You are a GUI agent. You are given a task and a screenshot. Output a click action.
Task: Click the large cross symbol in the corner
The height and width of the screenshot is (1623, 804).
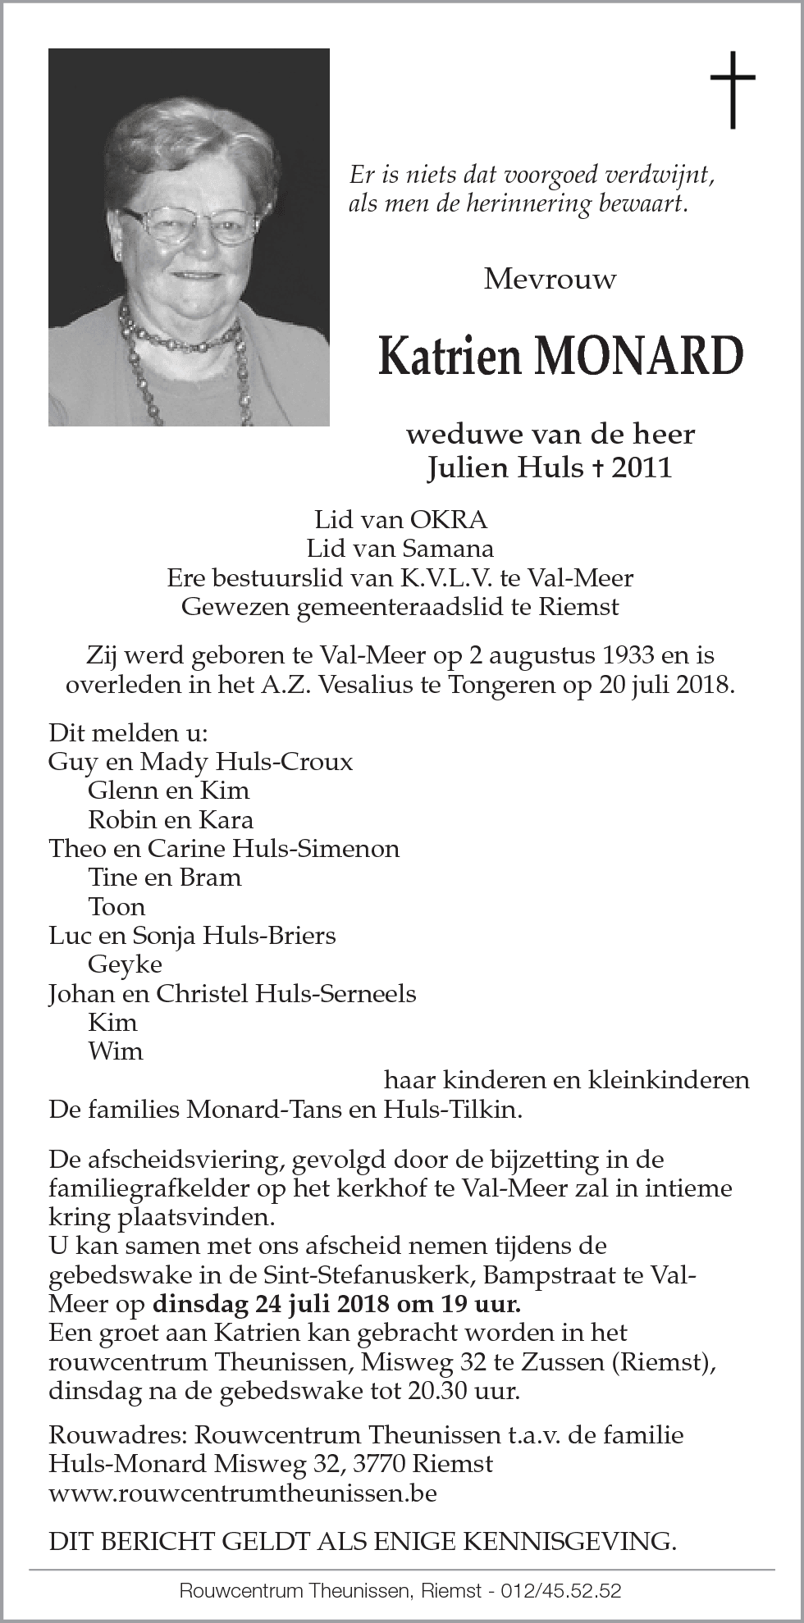(732, 90)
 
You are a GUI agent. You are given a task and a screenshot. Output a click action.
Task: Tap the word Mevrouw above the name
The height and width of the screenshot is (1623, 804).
(550, 280)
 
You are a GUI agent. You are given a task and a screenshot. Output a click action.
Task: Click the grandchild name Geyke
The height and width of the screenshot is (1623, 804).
(125, 964)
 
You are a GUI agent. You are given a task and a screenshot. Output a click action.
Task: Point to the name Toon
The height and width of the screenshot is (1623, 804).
(116, 906)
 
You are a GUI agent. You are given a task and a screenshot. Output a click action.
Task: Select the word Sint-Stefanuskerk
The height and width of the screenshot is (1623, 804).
(414, 1275)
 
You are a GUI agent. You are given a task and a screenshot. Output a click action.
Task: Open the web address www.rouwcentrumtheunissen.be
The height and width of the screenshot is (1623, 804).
(242, 1493)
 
